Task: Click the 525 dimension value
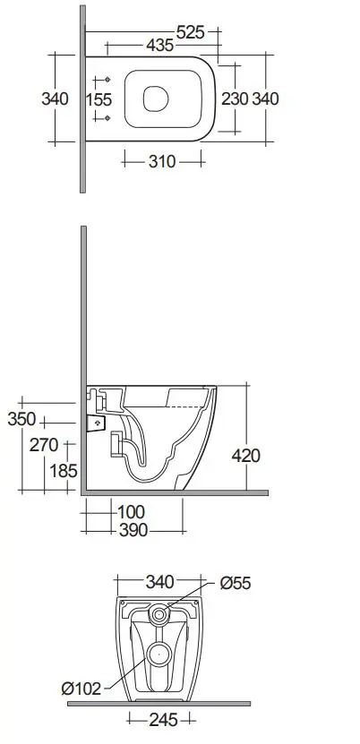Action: [190, 32]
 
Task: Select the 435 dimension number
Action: [159, 46]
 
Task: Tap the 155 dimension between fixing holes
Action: [99, 99]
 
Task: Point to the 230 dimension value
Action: [235, 98]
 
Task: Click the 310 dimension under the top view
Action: [162, 161]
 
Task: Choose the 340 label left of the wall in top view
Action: [55, 98]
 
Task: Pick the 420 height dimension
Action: [246, 456]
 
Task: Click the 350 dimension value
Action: [21, 419]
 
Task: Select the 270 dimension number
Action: [44, 445]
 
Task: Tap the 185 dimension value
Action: [64, 471]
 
